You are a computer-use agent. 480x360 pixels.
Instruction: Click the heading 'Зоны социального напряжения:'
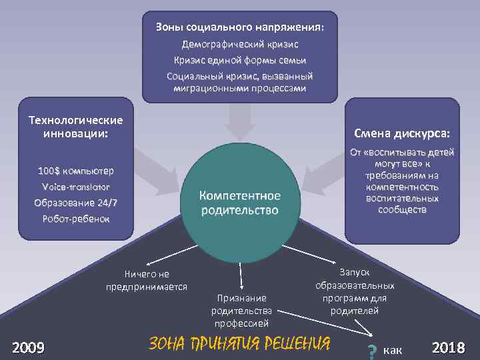tap(240, 28)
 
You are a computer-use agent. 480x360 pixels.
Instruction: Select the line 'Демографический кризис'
tap(240, 44)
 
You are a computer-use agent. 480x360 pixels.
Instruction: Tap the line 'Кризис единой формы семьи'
tap(240, 60)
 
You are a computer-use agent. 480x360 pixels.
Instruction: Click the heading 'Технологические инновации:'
tap(75, 126)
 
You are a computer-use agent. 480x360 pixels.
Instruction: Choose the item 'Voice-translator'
tap(75, 187)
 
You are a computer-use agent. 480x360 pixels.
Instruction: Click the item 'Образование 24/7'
tap(75, 203)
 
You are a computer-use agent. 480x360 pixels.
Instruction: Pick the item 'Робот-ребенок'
tap(75, 219)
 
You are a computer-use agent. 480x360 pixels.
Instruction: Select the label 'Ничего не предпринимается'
tap(147, 280)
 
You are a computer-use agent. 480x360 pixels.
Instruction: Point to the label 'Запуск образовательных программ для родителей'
tap(355, 291)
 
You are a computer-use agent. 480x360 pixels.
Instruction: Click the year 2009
tap(29, 347)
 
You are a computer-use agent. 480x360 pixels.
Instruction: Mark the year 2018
tap(448, 347)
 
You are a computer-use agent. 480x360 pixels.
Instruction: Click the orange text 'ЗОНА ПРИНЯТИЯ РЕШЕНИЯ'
tap(239, 343)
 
